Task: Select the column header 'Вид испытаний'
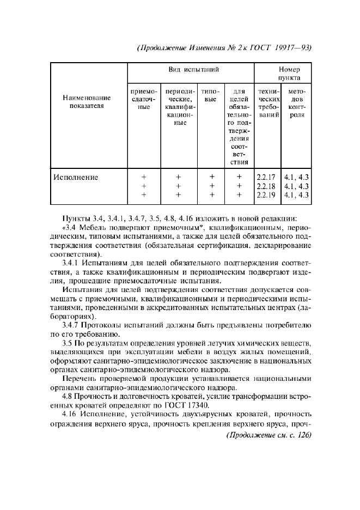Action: pyautogui.click(x=191, y=70)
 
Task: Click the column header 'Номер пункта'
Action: pyautogui.click(x=289, y=74)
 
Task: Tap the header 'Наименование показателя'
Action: pyautogui.click(x=87, y=102)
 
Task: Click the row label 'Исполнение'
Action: pyautogui.click(x=75, y=177)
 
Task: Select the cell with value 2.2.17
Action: pyautogui.click(x=266, y=177)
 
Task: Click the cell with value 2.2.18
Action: pyautogui.click(x=266, y=186)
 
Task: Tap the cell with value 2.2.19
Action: pyautogui.click(x=266, y=195)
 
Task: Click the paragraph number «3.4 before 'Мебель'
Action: pyautogui.click(x=70, y=228)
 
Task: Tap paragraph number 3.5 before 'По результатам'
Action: pyautogui.click(x=68, y=342)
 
